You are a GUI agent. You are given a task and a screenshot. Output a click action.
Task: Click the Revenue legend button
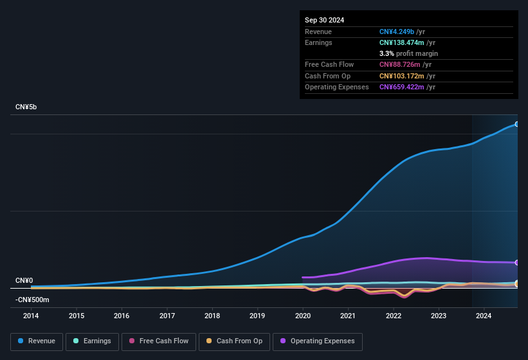tap(37, 341)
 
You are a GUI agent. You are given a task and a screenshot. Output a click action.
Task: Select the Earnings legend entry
tap(92, 341)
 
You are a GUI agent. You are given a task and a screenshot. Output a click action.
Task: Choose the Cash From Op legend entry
tap(235, 341)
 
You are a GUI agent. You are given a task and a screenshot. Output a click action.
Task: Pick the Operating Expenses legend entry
tap(318, 341)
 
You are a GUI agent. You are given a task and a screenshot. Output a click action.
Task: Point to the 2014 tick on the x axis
tap(31, 316)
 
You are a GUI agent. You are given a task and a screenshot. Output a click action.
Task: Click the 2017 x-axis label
tap(167, 316)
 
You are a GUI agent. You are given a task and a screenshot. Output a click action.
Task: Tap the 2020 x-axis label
tap(303, 316)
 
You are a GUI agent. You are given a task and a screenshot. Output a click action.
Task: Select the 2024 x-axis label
tap(484, 316)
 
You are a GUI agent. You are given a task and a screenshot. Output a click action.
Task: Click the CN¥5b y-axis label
tap(26, 107)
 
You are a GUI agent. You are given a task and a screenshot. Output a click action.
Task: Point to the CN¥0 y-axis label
tap(24, 281)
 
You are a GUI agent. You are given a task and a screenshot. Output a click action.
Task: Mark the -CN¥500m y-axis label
tap(33, 300)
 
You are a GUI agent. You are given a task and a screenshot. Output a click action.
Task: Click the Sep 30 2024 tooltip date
tap(324, 20)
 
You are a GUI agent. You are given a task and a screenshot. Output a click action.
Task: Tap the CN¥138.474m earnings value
tap(403, 42)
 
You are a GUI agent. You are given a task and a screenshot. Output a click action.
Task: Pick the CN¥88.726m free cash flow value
tap(400, 65)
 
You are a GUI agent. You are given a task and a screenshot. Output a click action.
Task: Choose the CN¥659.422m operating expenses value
tap(403, 87)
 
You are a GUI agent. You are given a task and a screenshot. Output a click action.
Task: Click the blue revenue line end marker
tap(517, 124)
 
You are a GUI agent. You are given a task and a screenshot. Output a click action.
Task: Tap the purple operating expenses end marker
tap(517, 263)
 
